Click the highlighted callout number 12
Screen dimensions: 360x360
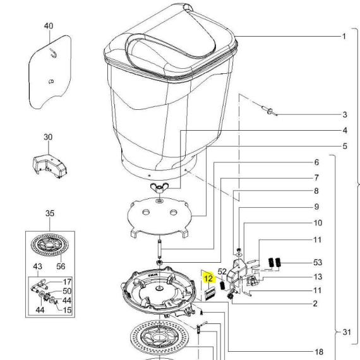coord(208,279)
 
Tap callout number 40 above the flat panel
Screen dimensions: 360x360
coord(49,26)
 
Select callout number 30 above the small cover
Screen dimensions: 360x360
coord(48,137)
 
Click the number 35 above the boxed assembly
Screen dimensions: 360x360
coord(50,213)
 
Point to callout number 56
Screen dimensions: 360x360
coord(61,267)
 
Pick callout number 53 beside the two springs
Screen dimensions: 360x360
coord(318,263)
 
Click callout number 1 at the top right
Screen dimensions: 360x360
coord(344,36)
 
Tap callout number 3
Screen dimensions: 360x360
coord(345,114)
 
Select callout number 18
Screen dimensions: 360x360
coord(319,352)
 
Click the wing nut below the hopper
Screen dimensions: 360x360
coord(159,188)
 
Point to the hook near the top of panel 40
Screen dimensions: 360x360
coord(54,54)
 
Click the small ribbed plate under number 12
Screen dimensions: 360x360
coord(210,294)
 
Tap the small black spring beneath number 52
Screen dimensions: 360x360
coord(222,285)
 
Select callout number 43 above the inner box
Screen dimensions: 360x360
coord(38,267)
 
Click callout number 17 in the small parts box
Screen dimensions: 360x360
coord(67,282)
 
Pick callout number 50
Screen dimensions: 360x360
coord(67,291)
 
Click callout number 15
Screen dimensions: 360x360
coord(67,310)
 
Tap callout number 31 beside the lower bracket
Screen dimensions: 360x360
coord(347,332)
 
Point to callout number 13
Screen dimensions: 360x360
coord(318,277)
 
